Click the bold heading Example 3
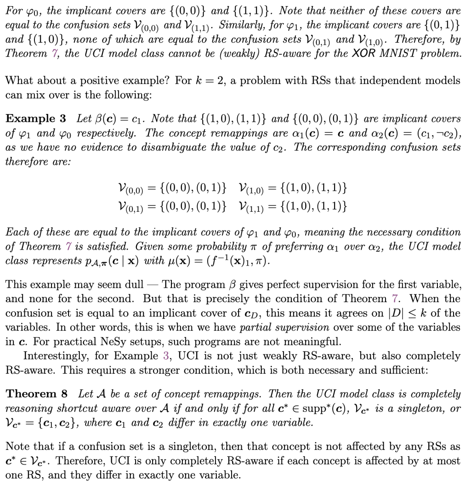click(36, 119)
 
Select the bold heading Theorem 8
click(37, 394)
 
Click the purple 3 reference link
click(166, 356)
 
